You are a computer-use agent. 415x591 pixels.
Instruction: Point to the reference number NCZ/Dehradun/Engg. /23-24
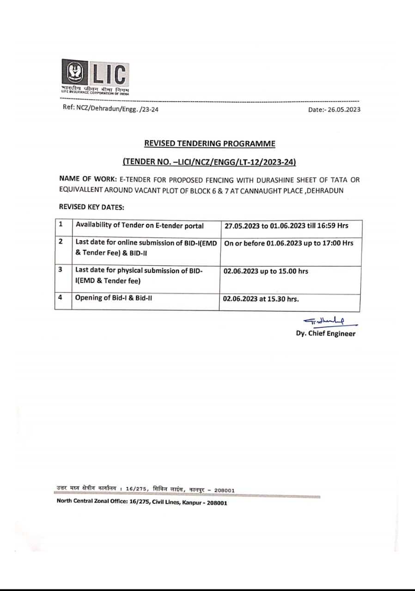click(111, 109)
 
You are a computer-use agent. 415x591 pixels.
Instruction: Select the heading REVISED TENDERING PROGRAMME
click(209, 143)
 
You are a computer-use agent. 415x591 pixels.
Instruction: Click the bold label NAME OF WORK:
click(88, 179)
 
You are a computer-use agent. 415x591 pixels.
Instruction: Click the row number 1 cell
click(61, 225)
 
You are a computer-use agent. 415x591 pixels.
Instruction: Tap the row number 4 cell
click(61, 298)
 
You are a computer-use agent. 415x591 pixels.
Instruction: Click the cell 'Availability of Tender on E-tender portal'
click(140, 226)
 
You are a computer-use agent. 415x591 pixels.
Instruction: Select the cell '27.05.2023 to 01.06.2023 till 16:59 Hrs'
click(287, 226)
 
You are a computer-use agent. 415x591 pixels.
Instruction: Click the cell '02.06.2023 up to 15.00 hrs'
click(266, 271)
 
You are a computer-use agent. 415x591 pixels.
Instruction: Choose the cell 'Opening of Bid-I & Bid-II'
click(114, 298)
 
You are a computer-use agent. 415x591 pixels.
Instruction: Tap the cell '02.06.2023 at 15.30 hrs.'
click(261, 299)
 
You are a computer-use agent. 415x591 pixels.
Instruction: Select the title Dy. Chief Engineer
click(326, 334)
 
